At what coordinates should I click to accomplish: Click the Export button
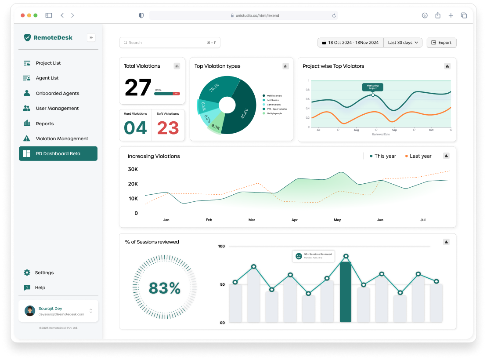tap(441, 43)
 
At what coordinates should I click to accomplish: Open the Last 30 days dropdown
tap(403, 43)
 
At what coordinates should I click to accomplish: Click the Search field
tap(170, 43)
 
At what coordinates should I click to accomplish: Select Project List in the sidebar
tap(48, 63)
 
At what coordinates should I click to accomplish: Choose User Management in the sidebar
tap(57, 108)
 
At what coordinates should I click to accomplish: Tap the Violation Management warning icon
tap(27, 138)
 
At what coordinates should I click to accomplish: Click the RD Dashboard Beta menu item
tap(58, 153)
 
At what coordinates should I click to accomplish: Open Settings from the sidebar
tap(44, 273)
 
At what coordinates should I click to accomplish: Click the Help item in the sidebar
tap(40, 287)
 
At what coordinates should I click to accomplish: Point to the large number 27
tap(138, 87)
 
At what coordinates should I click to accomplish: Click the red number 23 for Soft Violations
tap(168, 128)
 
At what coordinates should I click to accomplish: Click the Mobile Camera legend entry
tap(274, 95)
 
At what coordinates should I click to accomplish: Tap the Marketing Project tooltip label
tap(372, 87)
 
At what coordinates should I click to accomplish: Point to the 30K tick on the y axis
tap(133, 169)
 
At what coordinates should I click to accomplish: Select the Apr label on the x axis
tap(294, 220)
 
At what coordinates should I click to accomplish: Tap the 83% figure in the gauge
tap(165, 288)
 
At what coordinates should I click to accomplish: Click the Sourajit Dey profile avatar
tap(30, 311)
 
